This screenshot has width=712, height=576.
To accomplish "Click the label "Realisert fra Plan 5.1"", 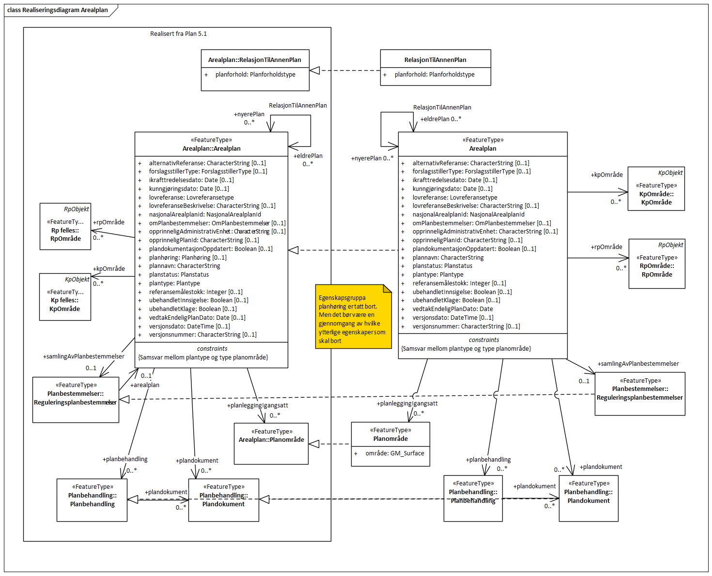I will [178, 34].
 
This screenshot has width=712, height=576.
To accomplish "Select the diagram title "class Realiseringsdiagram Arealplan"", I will [58, 10].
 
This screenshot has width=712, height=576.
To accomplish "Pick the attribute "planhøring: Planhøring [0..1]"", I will [187, 258].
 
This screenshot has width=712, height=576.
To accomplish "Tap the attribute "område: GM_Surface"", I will [394, 453].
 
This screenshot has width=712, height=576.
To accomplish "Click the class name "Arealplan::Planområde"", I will [271, 440].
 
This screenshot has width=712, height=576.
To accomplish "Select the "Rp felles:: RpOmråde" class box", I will [65, 227].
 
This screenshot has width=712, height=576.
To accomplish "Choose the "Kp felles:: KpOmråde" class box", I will [65, 297].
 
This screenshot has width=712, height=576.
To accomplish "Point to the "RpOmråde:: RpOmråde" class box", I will [657, 264].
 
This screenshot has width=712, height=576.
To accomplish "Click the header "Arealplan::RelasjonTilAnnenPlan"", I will [255, 60].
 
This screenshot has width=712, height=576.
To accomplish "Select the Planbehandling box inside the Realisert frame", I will [92, 500].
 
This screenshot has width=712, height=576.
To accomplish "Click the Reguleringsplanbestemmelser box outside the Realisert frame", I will [639, 393].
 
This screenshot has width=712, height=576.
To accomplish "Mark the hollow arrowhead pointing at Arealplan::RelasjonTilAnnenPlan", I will [315, 71].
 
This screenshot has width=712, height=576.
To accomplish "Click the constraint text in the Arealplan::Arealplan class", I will [203, 358].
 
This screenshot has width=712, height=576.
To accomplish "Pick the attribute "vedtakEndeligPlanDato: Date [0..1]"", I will [197, 318].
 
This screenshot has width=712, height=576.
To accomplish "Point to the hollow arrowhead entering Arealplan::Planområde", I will [314, 444].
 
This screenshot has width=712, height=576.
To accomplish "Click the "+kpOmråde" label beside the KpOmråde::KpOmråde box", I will [606, 175].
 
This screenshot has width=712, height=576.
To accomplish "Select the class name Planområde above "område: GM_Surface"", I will [390, 439].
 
